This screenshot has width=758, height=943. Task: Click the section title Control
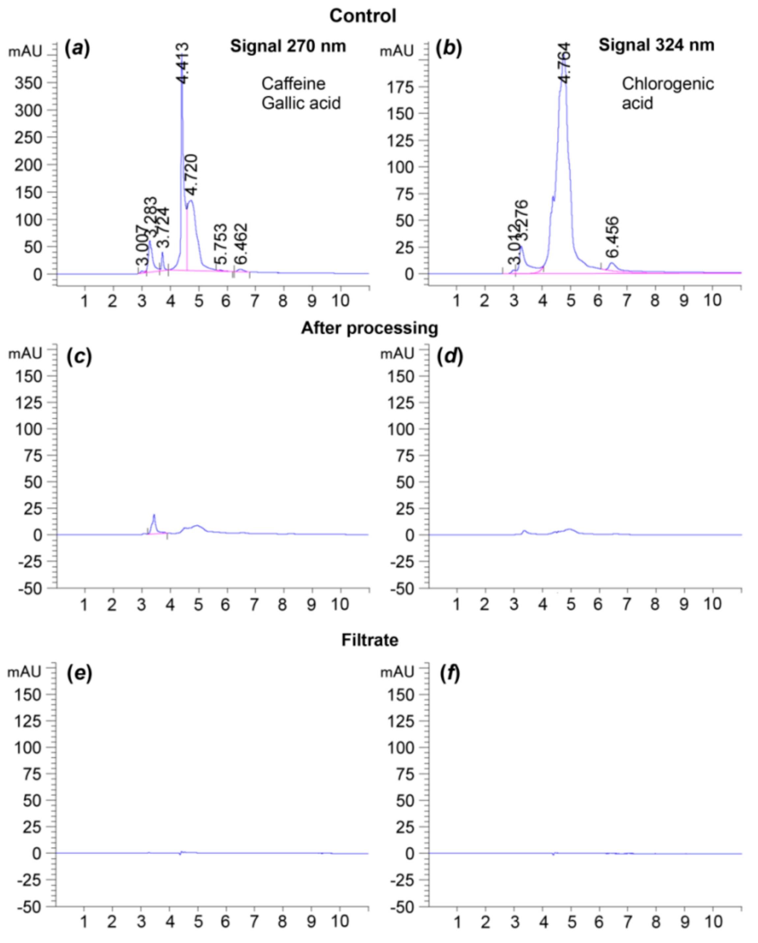click(x=363, y=16)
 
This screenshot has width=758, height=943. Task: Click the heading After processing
click(x=369, y=328)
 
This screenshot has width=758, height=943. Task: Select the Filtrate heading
click(x=370, y=640)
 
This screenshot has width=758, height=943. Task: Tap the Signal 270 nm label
click(x=288, y=46)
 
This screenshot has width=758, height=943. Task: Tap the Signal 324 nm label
click(x=656, y=45)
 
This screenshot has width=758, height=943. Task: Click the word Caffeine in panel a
click(x=293, y=83)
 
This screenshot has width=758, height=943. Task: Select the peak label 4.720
click(x=191, y=174)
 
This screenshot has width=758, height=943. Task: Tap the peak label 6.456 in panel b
click(x=612, y=237)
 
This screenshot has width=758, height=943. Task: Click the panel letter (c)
click(x=79, y=357)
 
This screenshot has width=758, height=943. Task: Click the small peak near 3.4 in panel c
click(x=154, y=516)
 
